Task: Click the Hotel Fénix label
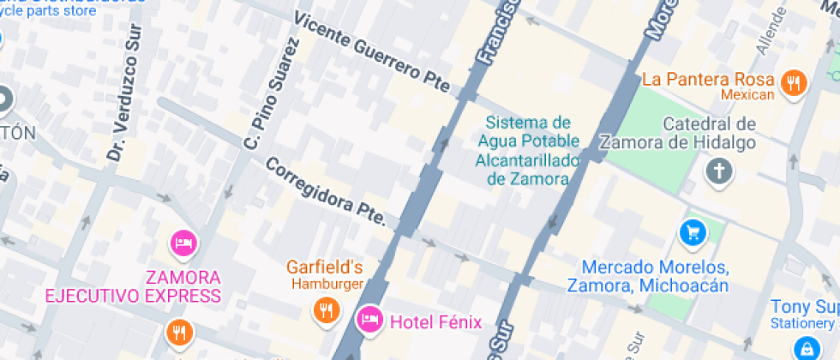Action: pos(435,323)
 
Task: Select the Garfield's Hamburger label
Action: pos(325,274)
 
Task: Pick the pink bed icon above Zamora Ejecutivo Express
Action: pos(183,243)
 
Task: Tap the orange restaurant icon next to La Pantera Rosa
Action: pos(795,82)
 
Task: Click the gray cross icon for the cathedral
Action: pos(718,171)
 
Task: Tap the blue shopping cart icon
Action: pos(692,231)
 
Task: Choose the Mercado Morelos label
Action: pos(655,276)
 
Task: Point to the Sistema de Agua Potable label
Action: pos(527,151)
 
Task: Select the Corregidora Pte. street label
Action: pos(326,195)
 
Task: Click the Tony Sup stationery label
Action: pos(804,314)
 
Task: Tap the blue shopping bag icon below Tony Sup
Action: pos(806,347)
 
